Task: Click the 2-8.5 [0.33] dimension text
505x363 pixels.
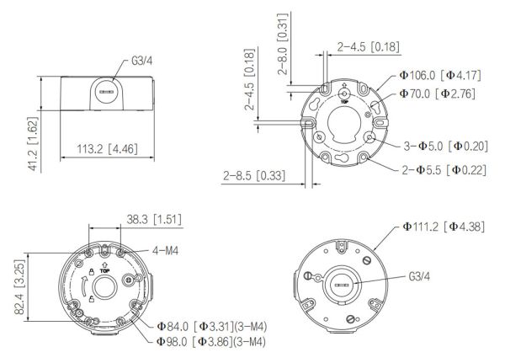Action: click(252, 175)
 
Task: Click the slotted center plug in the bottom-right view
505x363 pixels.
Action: click(343, 286)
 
